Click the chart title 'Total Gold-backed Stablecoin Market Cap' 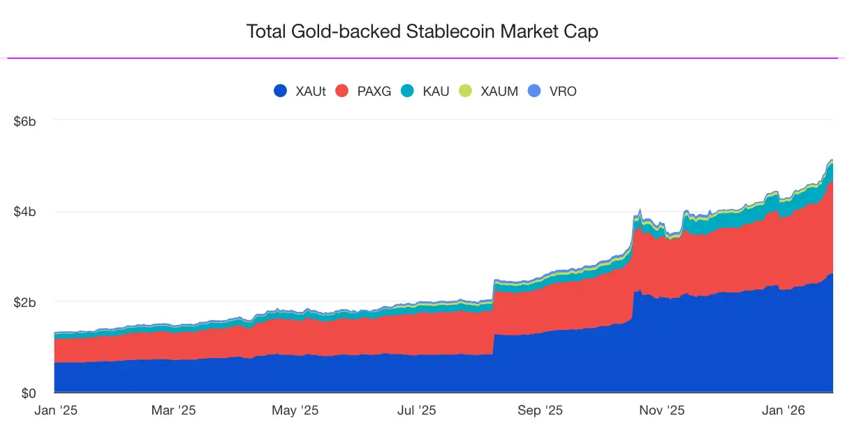click(422, 31)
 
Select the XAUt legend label click(310, 91)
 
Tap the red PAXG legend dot click(342, 91)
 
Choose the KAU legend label click(436, 91)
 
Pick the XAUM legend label click(499, 91)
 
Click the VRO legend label click(563, 91)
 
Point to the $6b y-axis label click(25, 121)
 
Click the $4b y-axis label click(25, 211)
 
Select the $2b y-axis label click(25, 302)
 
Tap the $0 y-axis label click(29, 392)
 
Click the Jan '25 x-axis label click(57, 410)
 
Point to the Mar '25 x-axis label click(172, 410)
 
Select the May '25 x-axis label click(295, 410)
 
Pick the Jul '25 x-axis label click(417, 410)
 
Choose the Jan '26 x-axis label click(786, 410)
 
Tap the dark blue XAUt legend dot click(281, 91)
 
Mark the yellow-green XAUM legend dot click(465, 91)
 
